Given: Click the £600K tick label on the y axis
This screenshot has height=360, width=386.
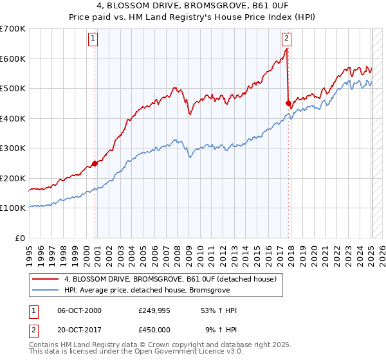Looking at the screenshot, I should [x=12, y=59].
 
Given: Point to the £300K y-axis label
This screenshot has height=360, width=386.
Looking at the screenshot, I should [x=12, y=148].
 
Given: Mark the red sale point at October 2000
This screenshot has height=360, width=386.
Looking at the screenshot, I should [x=95, y=163].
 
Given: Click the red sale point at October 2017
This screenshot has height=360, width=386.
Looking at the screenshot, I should [x=288, y=103].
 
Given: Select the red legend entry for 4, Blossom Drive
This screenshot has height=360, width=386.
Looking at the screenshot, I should [x=170, y=279].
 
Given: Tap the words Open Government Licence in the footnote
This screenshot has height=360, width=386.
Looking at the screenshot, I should [x=183, y=352].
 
